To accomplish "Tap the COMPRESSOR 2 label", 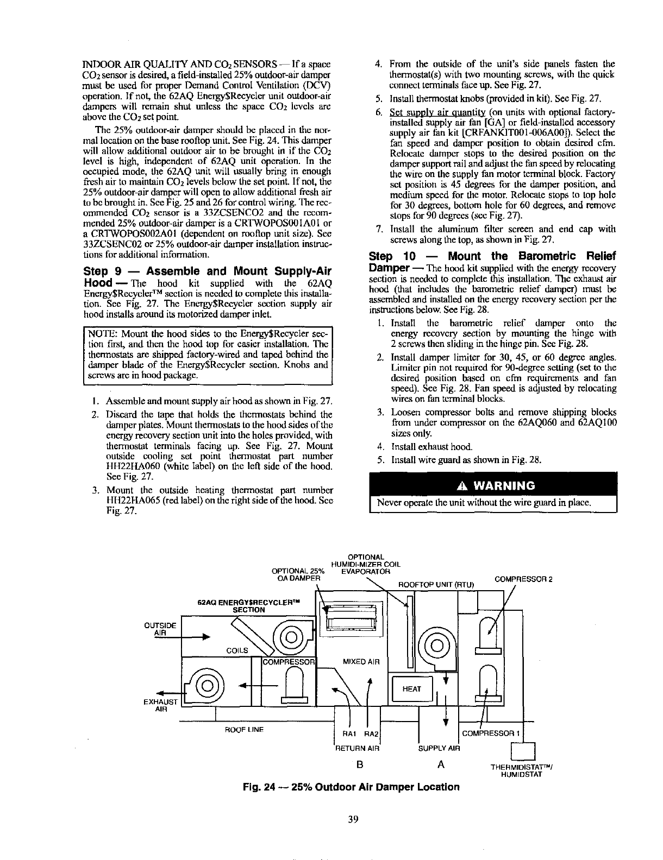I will (x=523, y=579).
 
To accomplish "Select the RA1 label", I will (x=348, y=734).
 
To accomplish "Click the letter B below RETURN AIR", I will (x=359, y=764).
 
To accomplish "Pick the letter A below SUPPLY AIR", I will (x=441, y=764).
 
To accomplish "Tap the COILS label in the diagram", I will (x=236, y=650).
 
